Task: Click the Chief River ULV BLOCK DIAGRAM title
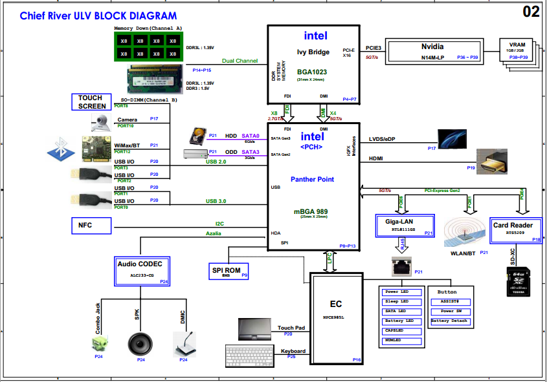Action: coord(98,16)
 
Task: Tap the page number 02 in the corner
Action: coord(531,12)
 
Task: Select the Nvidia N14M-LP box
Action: coord(432,51)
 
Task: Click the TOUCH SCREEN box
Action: coord(91,101)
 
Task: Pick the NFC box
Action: coord(91,225)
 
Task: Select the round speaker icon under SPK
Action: coord(140,343)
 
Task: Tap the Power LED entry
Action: coord(402,292)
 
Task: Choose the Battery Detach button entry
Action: coord(449,321)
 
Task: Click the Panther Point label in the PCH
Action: coord(312,179)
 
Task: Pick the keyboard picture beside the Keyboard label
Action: coord(251,355)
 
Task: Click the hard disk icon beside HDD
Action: coord(197,136)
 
